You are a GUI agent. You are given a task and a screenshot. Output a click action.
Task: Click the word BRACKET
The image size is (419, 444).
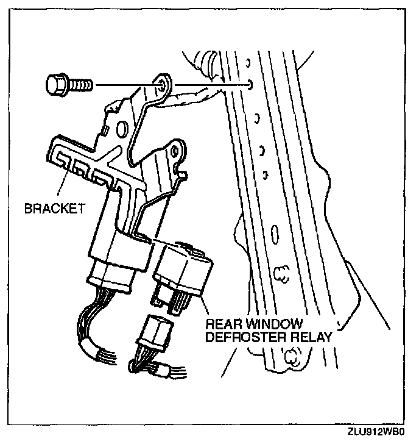click(x=54, y=209)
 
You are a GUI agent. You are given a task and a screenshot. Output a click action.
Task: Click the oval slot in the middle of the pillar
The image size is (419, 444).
click(x=275, y=234)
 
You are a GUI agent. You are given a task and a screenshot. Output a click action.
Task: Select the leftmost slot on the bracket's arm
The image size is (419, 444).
click(x=62, y=161)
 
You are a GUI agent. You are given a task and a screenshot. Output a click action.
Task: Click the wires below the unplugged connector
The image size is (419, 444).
click(x=149, y=365)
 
